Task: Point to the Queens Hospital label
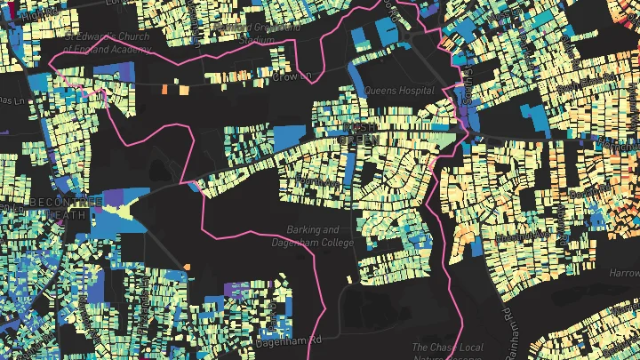pyautogui.click(x=398, y=91)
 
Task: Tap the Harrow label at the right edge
pyautogui.click(x=624, y=273)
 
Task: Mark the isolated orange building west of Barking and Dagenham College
pyautogui.click(x=188, y=268)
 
